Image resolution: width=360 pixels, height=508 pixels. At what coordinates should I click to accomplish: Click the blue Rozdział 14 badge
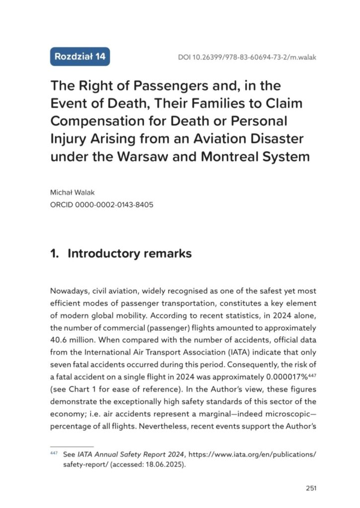(x=80, y=56)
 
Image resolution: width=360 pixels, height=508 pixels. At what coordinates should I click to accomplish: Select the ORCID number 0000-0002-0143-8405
(x=114, y=203)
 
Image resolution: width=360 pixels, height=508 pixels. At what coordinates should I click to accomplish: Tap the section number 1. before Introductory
(x=55, y=254)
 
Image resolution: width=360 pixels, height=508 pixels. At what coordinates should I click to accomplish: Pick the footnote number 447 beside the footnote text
(x=54, y=453)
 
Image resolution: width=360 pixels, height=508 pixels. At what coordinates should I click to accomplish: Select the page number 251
(x=311, y=488)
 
